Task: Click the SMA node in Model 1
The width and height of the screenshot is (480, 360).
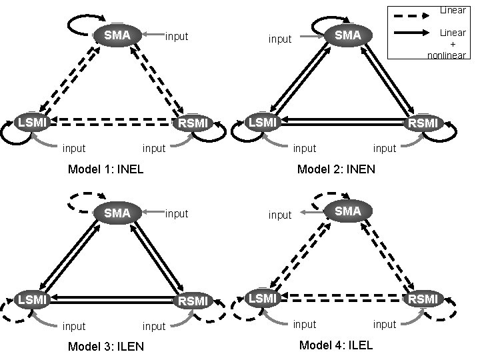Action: (x=117, y=35)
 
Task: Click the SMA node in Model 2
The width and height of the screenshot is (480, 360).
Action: (x=347, y=35)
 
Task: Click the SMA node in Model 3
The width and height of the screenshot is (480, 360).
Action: (x=117, y=213)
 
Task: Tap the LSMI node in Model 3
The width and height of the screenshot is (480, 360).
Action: (x=32, y=299)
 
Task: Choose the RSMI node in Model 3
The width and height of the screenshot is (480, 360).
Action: (x=194, y=301)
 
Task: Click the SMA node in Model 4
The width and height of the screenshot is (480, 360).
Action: (x=347, y=211)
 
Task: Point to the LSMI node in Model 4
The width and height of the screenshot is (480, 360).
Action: (x=262, y=298)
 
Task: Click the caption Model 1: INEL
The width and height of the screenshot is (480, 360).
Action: (x=106, y=169)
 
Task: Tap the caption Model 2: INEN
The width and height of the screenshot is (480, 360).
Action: (x=336, y=169)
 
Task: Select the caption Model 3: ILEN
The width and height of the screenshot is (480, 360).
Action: (x=106, y=347)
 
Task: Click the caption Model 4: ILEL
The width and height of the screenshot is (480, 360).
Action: (x=336, y=345)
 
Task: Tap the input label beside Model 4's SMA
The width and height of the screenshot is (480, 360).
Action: (x=280, y=215)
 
